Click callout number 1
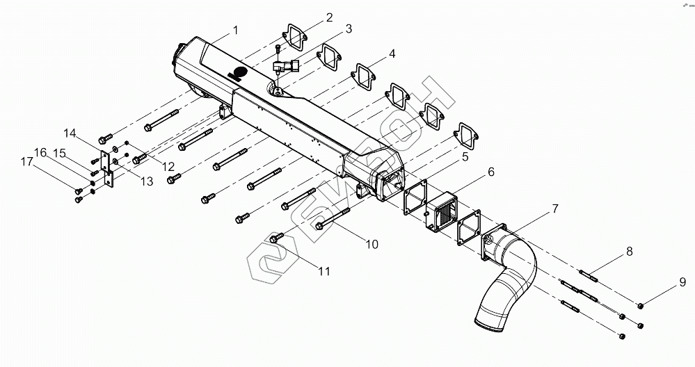click(235, 31)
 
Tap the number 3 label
click(348, 29)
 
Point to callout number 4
click(392, 54)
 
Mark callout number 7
click(554, 209)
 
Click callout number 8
click(629, 252)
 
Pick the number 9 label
click(682, 282)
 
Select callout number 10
click(372, 244)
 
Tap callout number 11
click(323, 271)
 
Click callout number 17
click(26, 162)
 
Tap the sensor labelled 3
click(286, 68)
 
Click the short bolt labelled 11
click(275, 239)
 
